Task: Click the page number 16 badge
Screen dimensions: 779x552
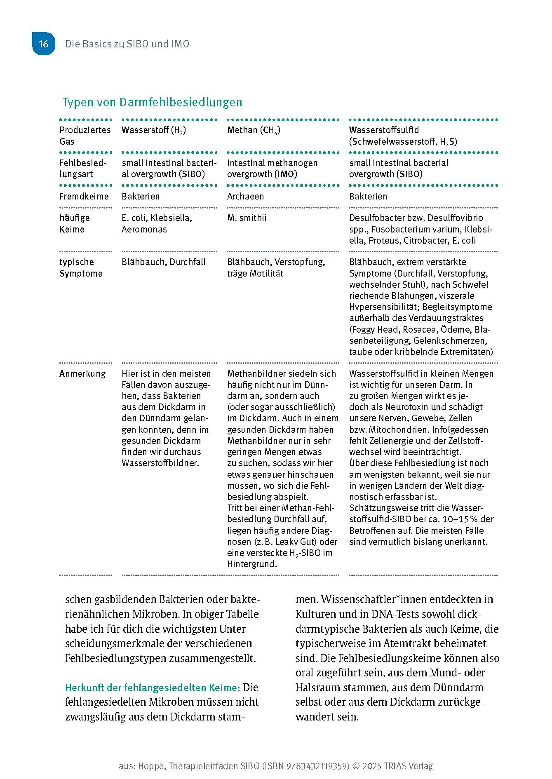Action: point(43,44)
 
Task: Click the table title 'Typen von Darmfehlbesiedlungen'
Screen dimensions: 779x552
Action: point(152,102)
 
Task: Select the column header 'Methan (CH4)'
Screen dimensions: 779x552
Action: point(254,130)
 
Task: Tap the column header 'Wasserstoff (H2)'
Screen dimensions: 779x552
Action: point(153,130)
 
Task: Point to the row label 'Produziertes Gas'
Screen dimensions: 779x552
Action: point(85,136)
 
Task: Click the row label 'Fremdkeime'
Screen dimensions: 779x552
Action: point(84,196)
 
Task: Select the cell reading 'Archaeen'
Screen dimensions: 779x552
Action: point(245,196)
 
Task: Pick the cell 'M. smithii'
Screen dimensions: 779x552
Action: point(247,218)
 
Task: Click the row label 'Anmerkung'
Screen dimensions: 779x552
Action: point(82,373)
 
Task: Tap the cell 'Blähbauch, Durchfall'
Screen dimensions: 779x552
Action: point(163,262)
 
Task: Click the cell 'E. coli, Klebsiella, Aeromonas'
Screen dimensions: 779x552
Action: point(157,223)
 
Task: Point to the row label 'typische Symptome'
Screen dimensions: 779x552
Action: point(81,267)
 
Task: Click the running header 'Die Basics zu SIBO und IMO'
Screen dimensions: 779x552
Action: point(127,44)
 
